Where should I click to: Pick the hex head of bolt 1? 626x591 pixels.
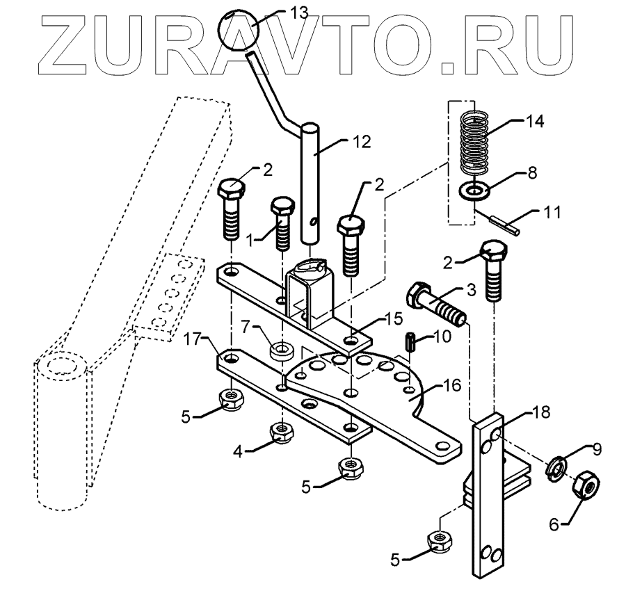[x=280, y=208]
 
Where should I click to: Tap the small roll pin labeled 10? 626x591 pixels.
[x=410, y=341]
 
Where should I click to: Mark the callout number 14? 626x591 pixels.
[x=536, y=122]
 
